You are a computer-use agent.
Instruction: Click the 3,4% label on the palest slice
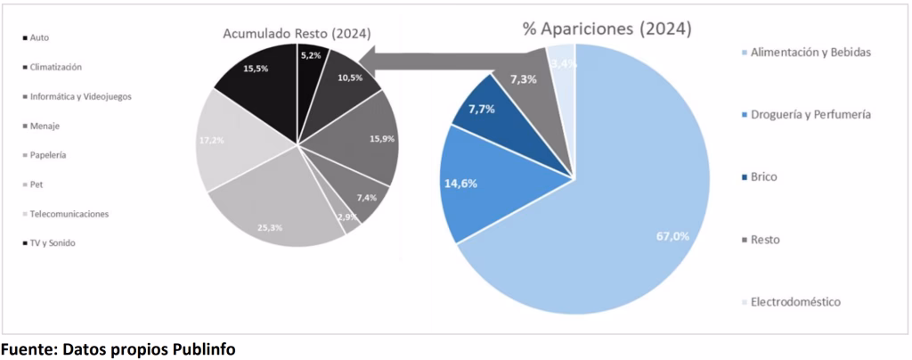click(x=563, y=63)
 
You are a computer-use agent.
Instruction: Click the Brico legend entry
click(x=765, y=177)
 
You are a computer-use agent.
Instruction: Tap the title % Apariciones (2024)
click(x=606, y=28)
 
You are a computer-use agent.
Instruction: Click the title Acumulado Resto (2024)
click(x=297, y=33)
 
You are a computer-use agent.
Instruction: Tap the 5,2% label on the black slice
click(x=312, y=55)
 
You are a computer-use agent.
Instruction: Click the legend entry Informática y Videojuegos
click(x=79, y=96)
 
